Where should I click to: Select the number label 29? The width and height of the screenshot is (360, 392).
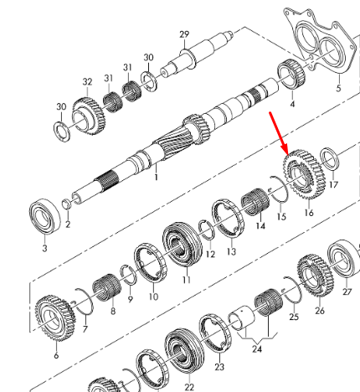(x=184, y=34)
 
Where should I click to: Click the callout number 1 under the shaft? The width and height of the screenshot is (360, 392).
(x=155, y=178)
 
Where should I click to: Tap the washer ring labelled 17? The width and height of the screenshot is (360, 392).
(x=329, y=159)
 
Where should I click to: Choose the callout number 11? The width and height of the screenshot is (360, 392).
(x=187, y=279)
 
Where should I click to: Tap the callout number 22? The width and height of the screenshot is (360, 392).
(x=189, y=386)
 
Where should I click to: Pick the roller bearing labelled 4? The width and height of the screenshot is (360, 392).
(x=291, y=80)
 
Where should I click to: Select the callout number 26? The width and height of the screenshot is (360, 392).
(x=319, y=311)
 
